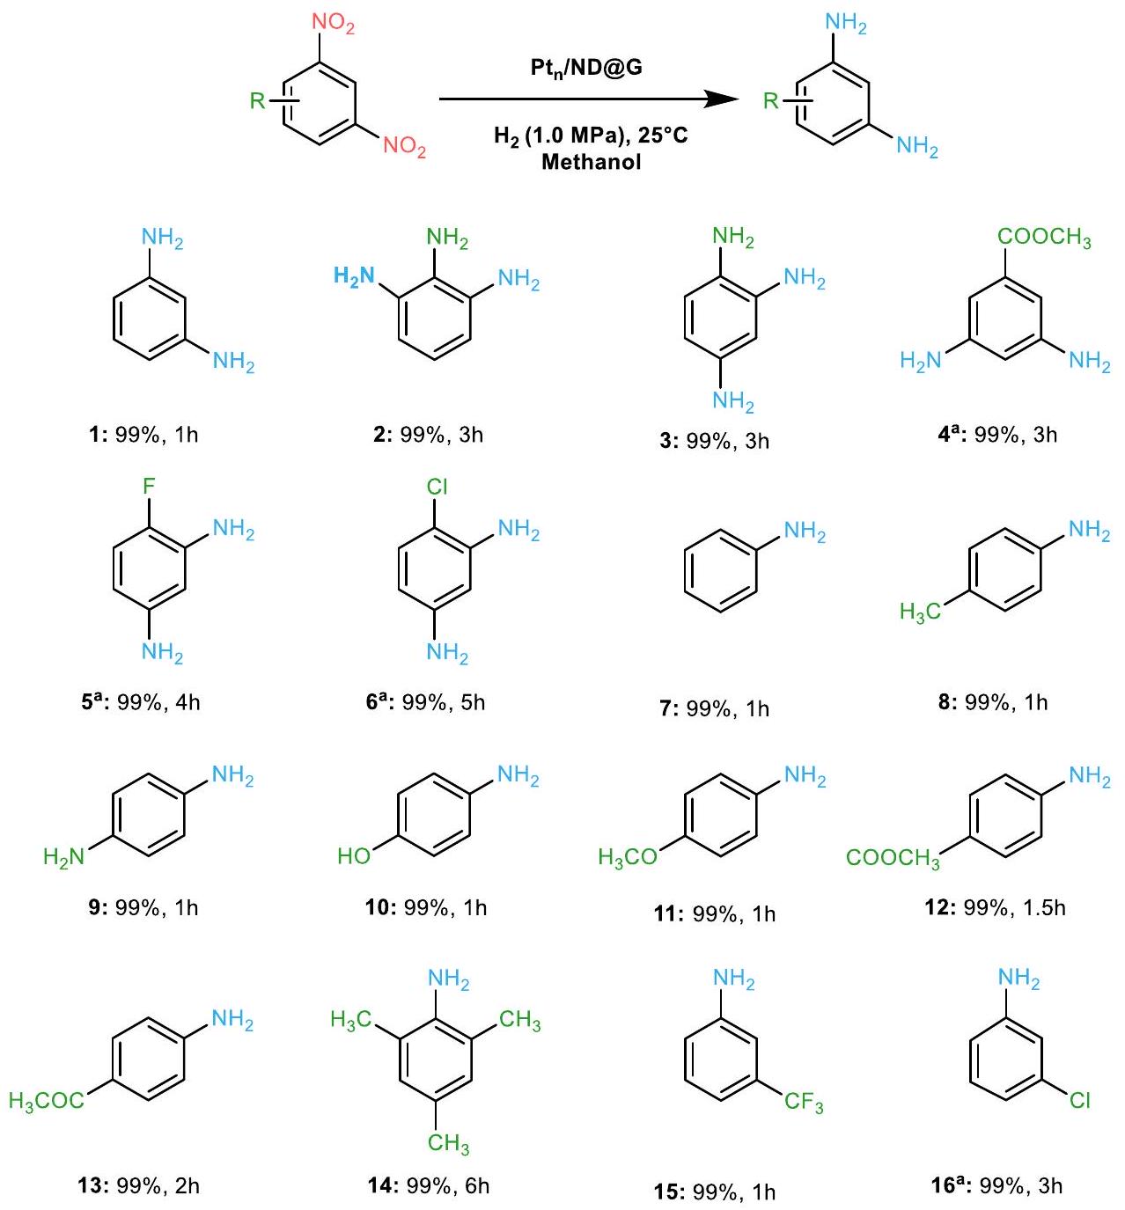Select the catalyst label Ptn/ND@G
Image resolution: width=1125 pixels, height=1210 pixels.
[586, 67]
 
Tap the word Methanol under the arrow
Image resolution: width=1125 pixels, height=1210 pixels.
[591, 162]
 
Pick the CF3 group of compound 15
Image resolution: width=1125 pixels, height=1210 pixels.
[804, 1102]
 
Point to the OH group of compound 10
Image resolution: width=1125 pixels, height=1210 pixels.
[355, 855]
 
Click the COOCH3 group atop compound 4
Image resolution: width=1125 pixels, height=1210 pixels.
[1044, 238]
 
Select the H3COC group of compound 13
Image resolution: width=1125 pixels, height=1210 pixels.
[47, 1100]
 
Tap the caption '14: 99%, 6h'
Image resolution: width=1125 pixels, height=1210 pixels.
[428, 1185]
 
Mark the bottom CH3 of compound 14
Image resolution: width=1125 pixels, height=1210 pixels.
[448, 1142]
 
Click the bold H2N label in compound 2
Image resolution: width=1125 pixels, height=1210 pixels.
[355, 276]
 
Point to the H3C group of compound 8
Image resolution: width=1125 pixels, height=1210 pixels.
[920, 612]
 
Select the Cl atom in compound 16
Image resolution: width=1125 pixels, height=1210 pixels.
[1080, 1100]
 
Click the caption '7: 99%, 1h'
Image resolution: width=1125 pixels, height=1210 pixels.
[714, 708]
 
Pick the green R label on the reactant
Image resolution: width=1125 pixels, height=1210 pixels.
[257, 100]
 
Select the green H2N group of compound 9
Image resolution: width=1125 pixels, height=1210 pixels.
[63, 856]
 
